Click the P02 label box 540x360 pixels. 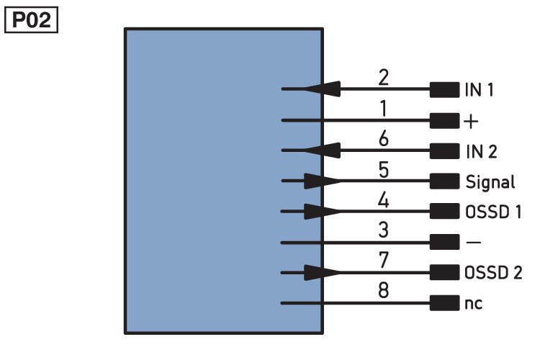click(x=31, y=20)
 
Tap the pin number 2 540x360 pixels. click(x=383, y=78)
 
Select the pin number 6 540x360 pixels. click(x=384, y=139)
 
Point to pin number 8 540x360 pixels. click(x=384, y=290)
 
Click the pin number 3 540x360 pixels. click(x=384, y=230)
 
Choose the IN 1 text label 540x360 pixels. click(x=479, y=89)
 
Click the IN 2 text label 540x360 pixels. click(x=482, y=152)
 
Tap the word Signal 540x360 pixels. click(x=490, y=182)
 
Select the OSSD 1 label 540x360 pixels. click(x=492, y=212)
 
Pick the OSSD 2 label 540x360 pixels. click(x=493, y=272)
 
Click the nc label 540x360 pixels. click(x=473, y=304)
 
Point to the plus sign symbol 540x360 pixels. click(x=471, y=121)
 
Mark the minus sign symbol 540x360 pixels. click(x=473, y=243)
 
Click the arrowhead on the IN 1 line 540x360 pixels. click(x=323, y=89)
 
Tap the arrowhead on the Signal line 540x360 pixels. click(x=323, y=181)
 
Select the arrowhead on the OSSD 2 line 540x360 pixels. click(x=323, y=272)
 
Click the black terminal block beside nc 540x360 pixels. click(x=445, y=303)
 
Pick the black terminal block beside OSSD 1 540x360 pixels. click(x=445, y=211)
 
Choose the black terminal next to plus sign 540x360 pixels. click(x=445, y=120)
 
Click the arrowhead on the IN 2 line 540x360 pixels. click(x=323, y=150)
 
